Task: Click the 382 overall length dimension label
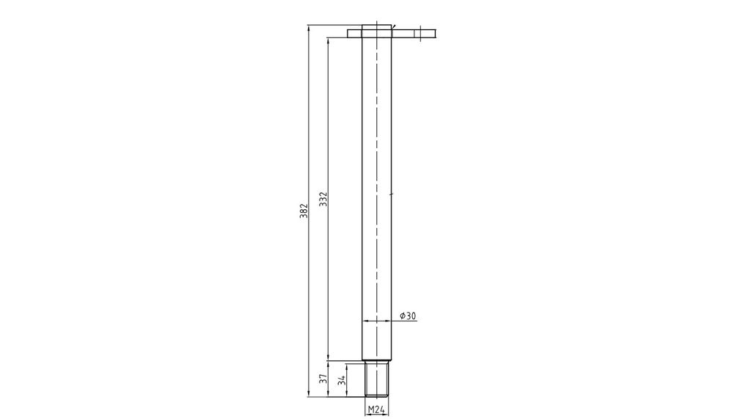pos(304,211)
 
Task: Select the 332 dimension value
pos(323,199)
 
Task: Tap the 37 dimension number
pos(323,379)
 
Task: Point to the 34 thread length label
pos(342,381)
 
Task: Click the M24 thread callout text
pos(376,410)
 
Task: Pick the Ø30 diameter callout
pos(408,316)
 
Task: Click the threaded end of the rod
pos(376,379)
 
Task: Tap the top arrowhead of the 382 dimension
pos(309,28)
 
